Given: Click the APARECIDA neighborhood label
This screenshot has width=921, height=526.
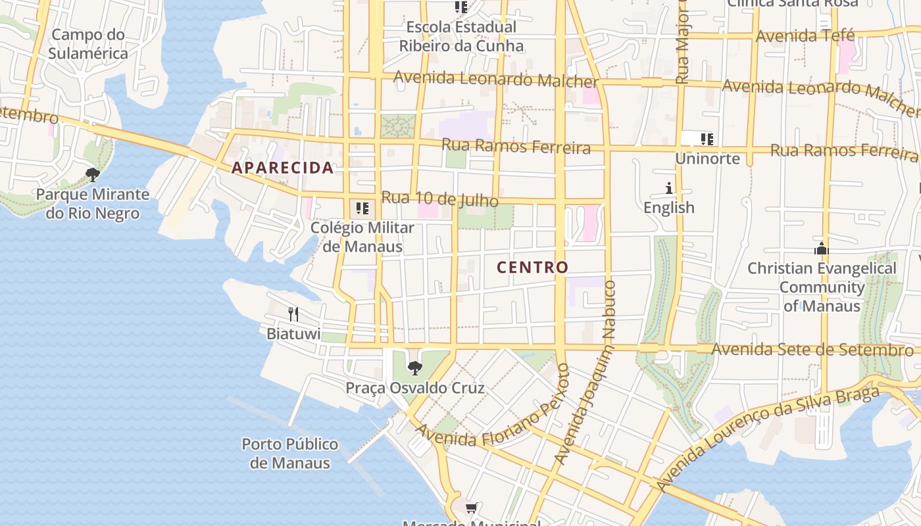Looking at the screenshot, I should [x=282, y=168].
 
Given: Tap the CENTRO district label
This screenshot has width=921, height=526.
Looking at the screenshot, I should [x=532, y=268].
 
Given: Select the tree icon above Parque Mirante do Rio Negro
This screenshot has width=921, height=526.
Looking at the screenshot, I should [x=93, y=175].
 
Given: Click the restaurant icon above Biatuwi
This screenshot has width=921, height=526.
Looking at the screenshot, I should [x=293, y=314].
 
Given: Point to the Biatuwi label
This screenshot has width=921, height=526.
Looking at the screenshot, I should [x=293, y=334].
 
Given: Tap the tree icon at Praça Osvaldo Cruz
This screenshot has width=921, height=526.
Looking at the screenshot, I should [x=414, y=368].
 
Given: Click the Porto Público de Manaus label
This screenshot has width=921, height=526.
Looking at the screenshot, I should [x=289, y=454].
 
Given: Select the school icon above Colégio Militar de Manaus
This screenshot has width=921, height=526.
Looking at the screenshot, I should [x=362, y=208].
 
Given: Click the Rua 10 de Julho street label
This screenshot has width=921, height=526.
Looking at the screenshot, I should [x=439, y=198].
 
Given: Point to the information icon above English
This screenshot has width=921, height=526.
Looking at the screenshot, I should [x=669, y=189].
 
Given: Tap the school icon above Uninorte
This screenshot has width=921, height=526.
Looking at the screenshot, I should [x=707, y=139].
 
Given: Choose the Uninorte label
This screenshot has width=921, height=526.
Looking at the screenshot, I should [x=707, y=159].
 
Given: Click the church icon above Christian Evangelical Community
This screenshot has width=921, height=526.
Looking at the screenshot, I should [x=821, y=249].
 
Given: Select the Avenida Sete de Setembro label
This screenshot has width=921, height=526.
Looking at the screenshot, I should [x=812, y=349].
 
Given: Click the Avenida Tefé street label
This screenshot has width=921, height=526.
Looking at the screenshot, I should [x=805, y=36].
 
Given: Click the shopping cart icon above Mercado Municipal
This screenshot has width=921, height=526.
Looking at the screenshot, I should [x=471, y=508].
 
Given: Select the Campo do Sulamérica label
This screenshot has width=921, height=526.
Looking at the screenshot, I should [x=87, y=44].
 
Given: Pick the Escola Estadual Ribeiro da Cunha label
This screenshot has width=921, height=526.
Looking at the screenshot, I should [x=461, y=37].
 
